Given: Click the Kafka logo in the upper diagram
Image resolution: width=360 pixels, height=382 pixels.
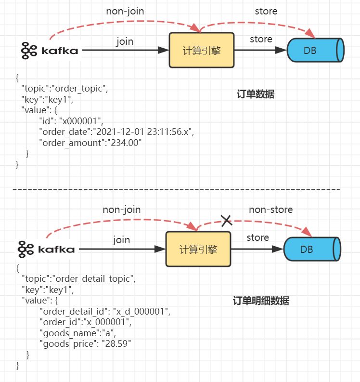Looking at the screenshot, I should (x=50, y=50).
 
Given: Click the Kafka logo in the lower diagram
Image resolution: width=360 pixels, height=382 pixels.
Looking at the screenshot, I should (x=47, y=249).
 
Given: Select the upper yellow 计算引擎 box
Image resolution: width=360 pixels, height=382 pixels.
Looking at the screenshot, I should (x=201, y=50).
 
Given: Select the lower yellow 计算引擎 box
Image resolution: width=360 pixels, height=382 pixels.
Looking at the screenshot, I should (x=198, y=249).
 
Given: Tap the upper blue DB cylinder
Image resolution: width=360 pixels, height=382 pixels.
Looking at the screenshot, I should (x=315, y=50).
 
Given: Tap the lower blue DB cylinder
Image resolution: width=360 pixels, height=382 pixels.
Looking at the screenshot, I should (x=312, y=249).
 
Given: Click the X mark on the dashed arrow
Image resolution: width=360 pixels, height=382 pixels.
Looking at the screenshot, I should (x=226, y=221).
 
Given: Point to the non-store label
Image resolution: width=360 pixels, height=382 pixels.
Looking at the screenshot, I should (x=270, y=210).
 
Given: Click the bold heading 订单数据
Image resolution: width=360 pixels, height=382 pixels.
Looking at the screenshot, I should (x=256, y=94).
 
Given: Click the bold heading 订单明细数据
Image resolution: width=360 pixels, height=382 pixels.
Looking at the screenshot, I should (x=261, y=301).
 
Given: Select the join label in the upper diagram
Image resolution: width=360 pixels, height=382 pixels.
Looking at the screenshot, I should (x=125, y=41).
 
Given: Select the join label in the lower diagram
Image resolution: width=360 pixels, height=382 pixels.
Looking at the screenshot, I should (x=121, y=240).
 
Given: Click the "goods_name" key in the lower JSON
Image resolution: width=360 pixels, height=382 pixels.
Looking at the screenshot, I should (x=62, y=333).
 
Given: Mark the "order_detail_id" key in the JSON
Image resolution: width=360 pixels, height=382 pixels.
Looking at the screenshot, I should (x=73, y=311).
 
